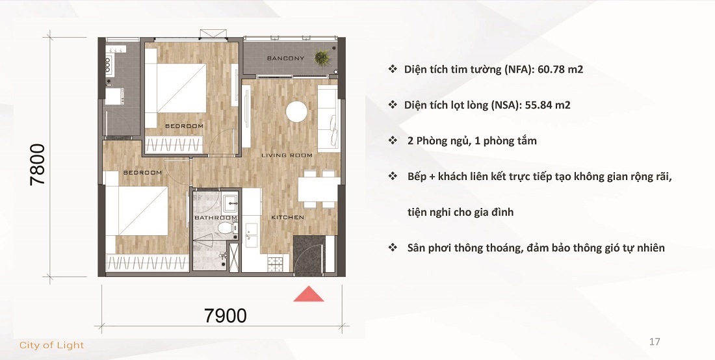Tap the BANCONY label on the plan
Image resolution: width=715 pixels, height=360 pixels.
(x=285, y=58)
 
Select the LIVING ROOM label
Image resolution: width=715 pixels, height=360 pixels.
(x=287, y=155)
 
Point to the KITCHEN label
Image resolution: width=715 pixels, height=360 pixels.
(x=287, y=217)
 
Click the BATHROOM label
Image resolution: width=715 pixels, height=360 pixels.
(x=215, y=218)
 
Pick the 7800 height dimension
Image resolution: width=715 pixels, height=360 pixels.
(x=37, y=164)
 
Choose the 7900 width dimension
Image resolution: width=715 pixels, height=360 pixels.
(x=225, y=316)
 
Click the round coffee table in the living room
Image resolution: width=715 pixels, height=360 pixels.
(x=297, y=111)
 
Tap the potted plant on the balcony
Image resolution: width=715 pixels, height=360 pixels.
(x=322, y=58)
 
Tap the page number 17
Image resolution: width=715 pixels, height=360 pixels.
(x=655, y=341)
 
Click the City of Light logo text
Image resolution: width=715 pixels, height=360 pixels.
(x=52, y=345)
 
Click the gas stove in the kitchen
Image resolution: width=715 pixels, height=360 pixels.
(x=276, y=264)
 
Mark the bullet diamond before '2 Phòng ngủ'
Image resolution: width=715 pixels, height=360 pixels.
(x=392, y=140)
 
